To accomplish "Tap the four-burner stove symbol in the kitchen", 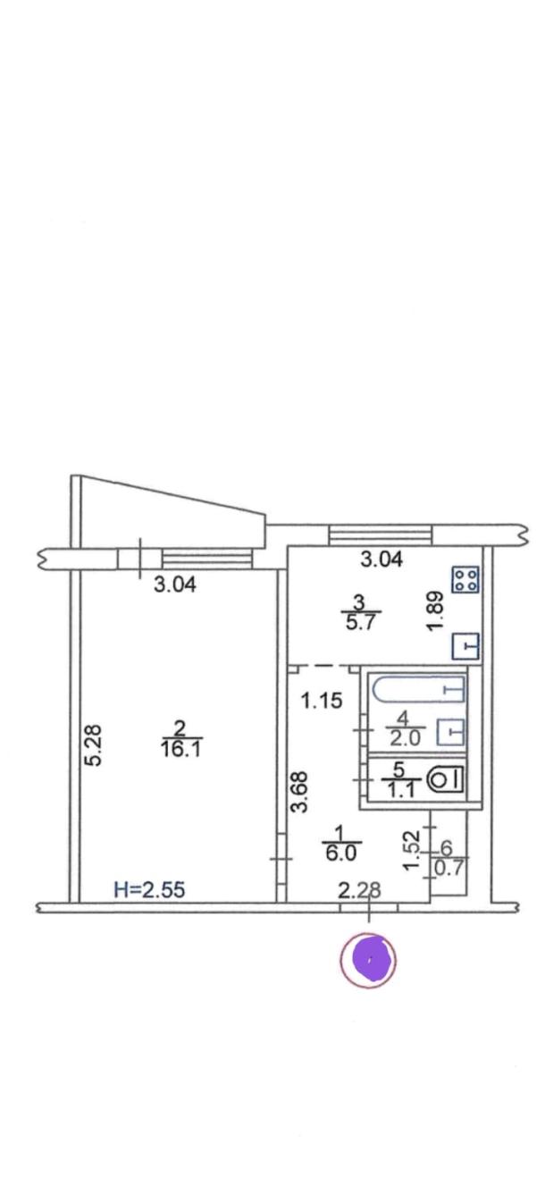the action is tap(465, 579).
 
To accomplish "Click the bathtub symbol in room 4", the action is tap(419, 689).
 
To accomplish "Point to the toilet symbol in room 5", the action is tap(447, 780).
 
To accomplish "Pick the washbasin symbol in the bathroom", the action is tap(450, 731).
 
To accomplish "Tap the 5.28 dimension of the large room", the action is tap(94, 744).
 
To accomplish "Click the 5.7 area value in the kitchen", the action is tap(361, 622).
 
